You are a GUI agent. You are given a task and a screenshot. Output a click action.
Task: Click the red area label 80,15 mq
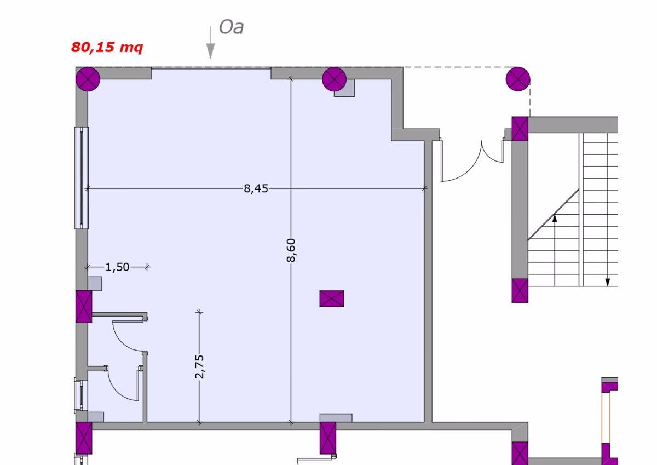tap(107, 47)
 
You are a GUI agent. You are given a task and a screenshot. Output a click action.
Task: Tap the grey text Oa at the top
tap(231, 27)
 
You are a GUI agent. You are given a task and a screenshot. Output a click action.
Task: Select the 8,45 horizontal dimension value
tap(256, 188)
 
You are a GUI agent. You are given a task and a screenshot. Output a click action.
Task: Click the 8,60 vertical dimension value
tap(291, 250)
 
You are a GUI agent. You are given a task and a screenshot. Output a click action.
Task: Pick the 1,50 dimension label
tap(117, 267)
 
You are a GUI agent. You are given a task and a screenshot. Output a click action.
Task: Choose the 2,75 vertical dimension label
tap(199, 366)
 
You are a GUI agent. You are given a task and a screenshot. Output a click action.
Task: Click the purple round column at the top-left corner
tap(88, 79)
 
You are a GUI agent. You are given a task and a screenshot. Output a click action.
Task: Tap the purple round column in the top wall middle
tap(334, 79)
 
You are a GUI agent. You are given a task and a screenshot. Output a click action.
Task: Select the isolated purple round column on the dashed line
tap(517, 79)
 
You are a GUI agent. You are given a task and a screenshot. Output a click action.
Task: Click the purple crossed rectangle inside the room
tap(332, 298)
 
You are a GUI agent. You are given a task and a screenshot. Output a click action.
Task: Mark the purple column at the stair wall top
tap(520, 129)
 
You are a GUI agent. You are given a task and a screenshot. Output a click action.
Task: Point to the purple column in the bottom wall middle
tap(328, 438)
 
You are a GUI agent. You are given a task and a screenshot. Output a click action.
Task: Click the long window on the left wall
tap(81, 177)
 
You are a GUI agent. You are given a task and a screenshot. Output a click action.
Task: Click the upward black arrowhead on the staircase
tap(555, 218)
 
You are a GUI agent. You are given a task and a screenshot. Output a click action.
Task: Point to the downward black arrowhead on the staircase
tap(607, 283)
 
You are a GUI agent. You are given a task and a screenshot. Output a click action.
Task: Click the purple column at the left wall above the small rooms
tap(84, 307)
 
